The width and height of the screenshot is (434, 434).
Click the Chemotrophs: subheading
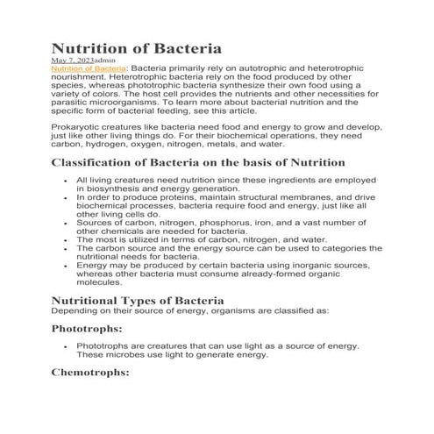pyautogui.click(x=90, y=372)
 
